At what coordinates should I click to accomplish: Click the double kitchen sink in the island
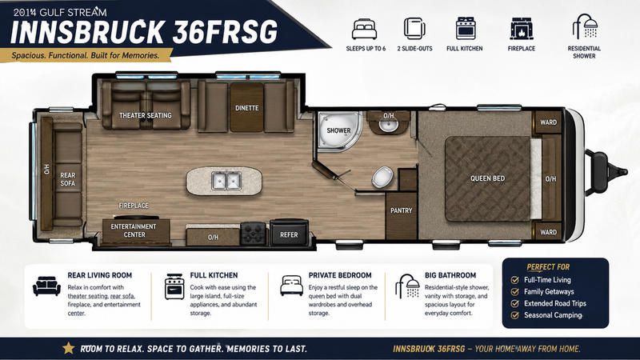click(226, 181)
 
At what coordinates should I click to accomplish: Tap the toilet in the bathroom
click(382, 178)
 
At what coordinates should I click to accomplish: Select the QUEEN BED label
click(487, 178)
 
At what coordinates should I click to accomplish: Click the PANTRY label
click(402, 210)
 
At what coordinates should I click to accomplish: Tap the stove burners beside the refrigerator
click(253, 234)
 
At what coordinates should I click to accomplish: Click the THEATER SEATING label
click(146, 115)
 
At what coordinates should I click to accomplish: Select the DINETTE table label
click(246, 108)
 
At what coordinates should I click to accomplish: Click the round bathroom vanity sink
click(388, 125)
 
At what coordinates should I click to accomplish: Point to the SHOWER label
click(338, 130)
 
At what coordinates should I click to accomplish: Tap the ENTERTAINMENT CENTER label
click(134, 230)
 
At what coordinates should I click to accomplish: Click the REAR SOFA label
click(67, 179)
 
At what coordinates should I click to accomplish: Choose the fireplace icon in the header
click(522, 29)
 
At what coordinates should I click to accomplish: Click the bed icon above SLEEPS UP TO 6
click(365, 29)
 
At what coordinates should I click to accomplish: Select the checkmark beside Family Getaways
click(514, 291)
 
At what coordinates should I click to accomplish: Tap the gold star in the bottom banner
click(69, 348)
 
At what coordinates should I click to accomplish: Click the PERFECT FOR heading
click(548, 267)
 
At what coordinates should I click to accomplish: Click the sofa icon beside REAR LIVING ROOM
click(46, 286)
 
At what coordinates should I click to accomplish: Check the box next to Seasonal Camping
click(514, 315)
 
